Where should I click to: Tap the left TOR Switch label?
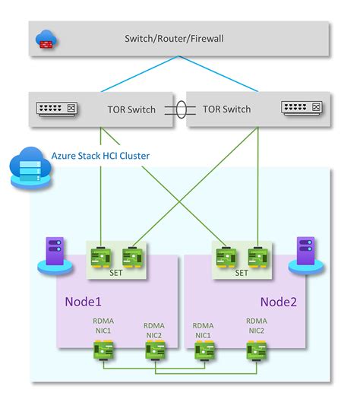pyautogui.click(x=131, y=109)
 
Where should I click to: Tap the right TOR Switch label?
pyautogui.click(x=226, y=109)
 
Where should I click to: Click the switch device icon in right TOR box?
pyautogui.click(x=301, y=109)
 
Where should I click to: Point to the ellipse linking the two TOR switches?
pyautogui.click(x=178, y=109)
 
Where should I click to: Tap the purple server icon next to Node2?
pyautogui.click(x=305, y=253)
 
